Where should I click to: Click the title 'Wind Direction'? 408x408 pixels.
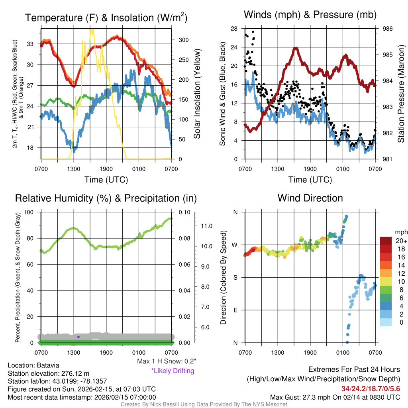click(x=310, y=198)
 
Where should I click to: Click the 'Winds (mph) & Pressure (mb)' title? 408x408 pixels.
click(x=310, y=15)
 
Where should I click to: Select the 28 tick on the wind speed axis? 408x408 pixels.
click(x=234, y=29)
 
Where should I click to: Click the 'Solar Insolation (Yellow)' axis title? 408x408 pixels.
click(x=197, y=94)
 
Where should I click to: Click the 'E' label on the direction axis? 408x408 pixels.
click(x=235, y=310)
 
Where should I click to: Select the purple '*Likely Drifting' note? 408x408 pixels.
click(x=173, y=371)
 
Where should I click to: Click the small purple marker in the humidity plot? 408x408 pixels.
click(x=78, y=337)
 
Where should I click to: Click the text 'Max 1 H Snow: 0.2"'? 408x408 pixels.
click(x=167, y=361)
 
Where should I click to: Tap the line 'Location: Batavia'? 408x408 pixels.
click(x=33, y=365)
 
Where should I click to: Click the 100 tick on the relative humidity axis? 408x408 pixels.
click(x=29, y=212)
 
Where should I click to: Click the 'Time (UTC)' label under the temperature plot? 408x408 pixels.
click(x=106, y=180)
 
